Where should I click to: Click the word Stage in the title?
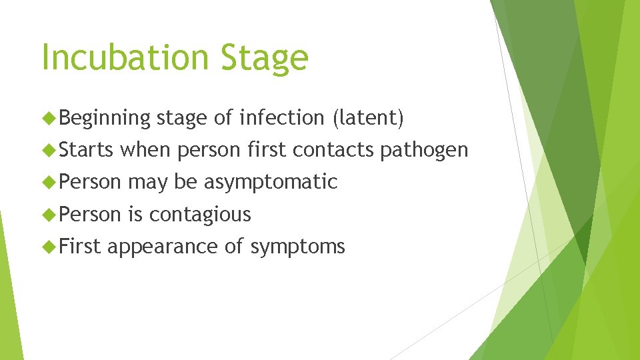[265, 59]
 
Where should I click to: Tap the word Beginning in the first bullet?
[105, 119]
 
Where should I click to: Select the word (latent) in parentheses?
[367, 118]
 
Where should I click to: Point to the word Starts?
[86, 150]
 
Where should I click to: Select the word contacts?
[334, 150]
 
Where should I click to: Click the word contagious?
[200, 215]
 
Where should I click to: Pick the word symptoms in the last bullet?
[297, 247]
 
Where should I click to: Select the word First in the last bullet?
[79, 247]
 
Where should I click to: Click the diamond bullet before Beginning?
[49, 118]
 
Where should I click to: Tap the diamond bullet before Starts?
[49, 150]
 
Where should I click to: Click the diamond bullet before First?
[49, 247]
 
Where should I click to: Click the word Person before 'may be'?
[90, 182]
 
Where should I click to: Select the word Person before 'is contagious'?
[90, 214]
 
